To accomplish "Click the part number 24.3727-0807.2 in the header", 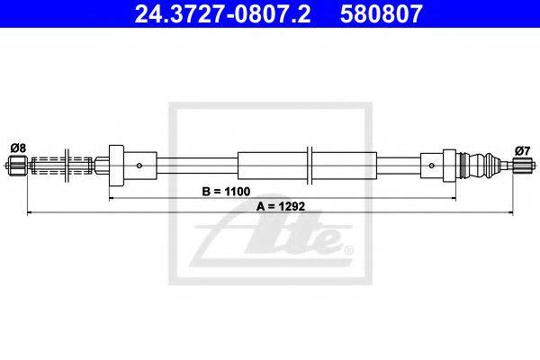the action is click(222, 13).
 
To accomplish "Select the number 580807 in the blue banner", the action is click(382, 13).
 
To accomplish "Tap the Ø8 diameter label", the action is click(18, 148).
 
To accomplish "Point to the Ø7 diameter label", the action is click(522, 151).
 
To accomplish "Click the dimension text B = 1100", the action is click(226, 192).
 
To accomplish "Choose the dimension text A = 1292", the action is click(281, 206).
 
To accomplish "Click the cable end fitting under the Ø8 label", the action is click(17, 166).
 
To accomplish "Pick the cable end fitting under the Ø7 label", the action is click(523, 166).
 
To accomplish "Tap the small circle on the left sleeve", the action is click(139, 166).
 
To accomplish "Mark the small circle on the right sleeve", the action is click(432, 166).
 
